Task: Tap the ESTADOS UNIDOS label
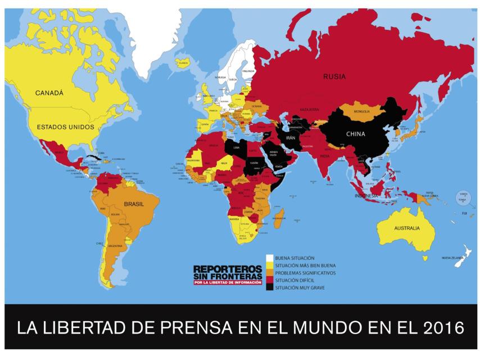pos(65,127)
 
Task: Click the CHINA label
pos(355,134)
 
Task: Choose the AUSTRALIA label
pos(407,228)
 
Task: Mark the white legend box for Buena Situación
pos(270,257)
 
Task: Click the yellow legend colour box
pos(270,264)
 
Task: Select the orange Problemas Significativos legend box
pos(270,272)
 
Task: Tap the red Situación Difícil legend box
pos(270,280)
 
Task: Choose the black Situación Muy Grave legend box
pos(270,287)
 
